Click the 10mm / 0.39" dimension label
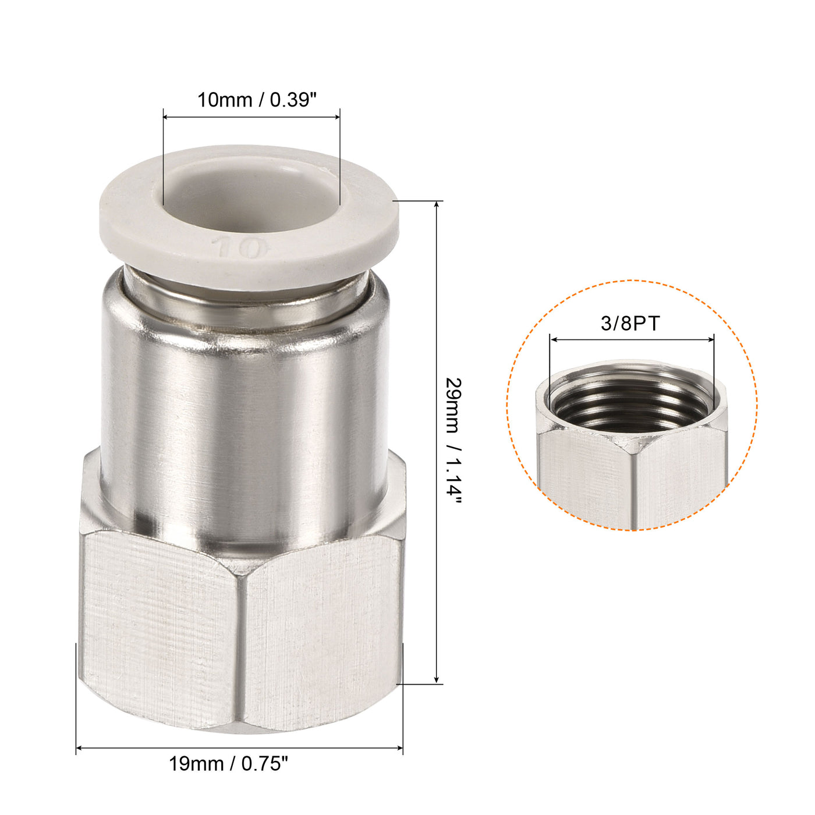[x=256, y=100]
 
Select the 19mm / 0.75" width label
[x=228, y=764]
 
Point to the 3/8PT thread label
[x=630, y=323]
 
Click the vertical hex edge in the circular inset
[x=632, y=489]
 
